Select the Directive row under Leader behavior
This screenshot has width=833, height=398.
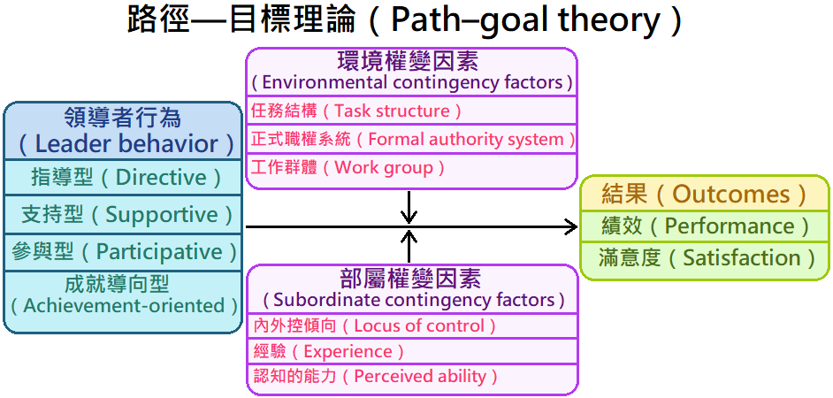pyautogui.click(x=123, y=177)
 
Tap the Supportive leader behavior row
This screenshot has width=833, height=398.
pyautogui.click(x=123, y=214)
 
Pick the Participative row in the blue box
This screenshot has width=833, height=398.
pyautogui.click(x=123, y=251)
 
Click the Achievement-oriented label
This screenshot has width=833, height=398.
pyautogui.click(x=123, y=305)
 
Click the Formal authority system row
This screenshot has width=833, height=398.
pyautogui.click(x=412, y=139)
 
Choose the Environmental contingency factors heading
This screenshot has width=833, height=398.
pyautogui.click(x=411, y=82)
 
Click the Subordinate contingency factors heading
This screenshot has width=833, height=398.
pyautogui.click(x=411, y=300)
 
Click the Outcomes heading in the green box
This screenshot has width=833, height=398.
pyautogui.click(x=704, y=194)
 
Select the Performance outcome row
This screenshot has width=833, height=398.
pyautogui.click(x=704, y=226)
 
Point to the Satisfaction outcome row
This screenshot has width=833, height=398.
pyautogui.click(x=704, y=258)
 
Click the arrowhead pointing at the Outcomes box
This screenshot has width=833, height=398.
pyautogui.click(x=571, y=227)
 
